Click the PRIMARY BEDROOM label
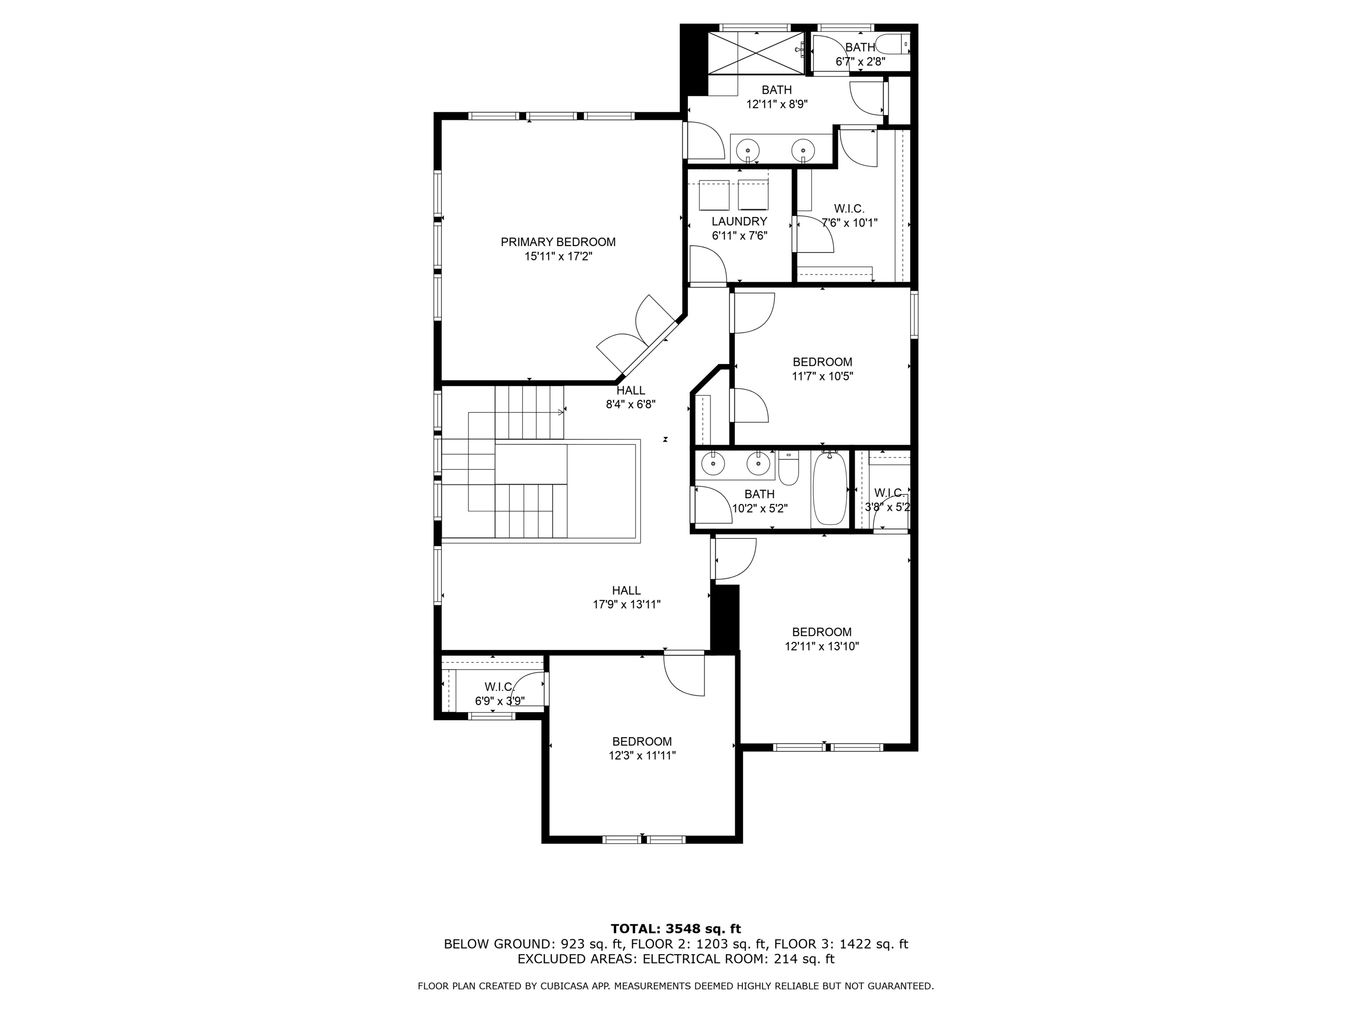558,242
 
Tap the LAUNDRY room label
739,221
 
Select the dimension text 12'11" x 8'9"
776,104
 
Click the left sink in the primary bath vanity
747,150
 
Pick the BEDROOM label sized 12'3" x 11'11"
642,742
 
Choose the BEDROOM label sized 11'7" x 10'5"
822,362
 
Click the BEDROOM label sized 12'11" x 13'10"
822,632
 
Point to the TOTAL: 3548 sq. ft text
676,929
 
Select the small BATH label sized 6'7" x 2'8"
860,48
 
